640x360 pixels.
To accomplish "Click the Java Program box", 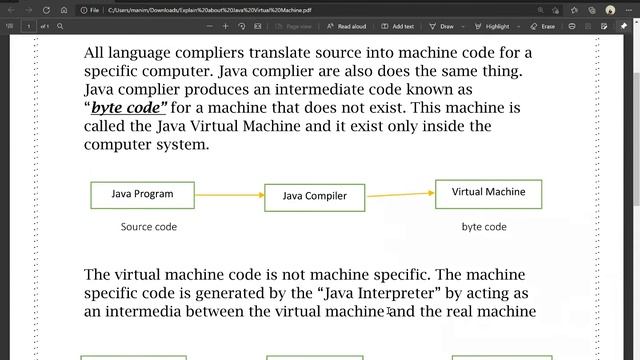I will [x=142, y=194].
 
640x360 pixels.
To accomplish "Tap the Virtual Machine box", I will [x=488, y=192].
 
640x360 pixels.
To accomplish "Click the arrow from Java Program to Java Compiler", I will [x=229, y=195].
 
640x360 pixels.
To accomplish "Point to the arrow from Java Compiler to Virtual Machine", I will [x=399, y=193].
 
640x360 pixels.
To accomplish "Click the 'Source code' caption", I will [x=148, y=227].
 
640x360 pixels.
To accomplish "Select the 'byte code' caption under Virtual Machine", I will [x=484, y=227].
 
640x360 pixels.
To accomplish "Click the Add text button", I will [x=398, y=26].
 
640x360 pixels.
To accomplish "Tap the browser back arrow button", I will [x=11, y=9].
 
